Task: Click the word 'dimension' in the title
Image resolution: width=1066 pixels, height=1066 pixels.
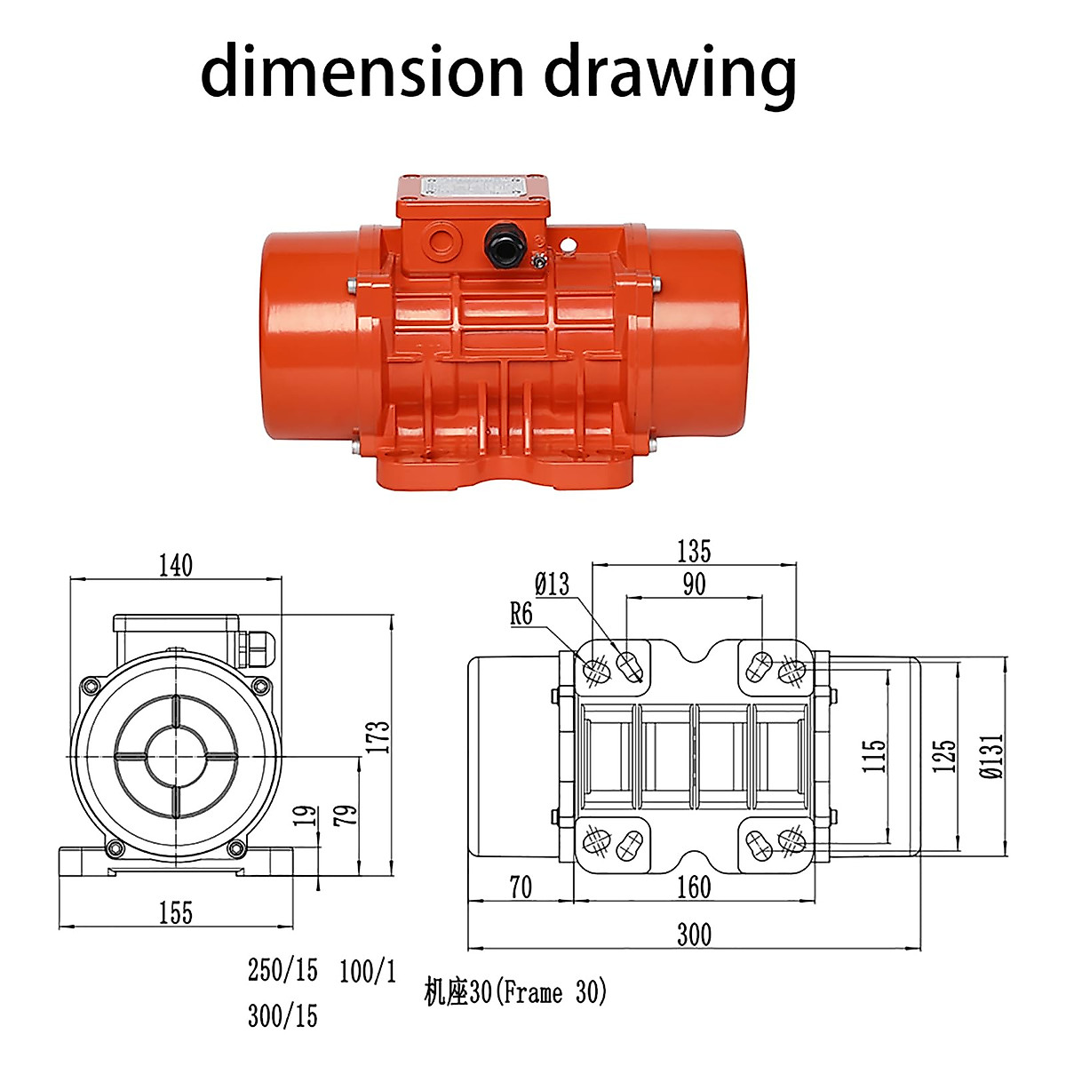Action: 361,71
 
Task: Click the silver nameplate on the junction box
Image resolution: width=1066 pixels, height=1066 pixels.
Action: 473,187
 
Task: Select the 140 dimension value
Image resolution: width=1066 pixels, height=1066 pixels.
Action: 175,565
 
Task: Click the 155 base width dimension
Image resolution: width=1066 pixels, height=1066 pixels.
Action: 175,912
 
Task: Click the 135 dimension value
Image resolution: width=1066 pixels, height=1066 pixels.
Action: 694,551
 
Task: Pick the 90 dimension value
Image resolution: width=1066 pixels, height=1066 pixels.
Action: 694,584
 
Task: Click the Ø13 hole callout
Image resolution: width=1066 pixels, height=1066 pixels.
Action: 552,584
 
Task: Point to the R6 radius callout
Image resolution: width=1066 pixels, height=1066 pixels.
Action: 521,614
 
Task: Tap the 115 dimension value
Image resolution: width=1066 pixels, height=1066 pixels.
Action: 874,756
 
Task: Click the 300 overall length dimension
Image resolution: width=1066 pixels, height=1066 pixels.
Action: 694,935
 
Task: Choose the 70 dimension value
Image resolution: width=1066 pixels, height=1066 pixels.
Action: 521,887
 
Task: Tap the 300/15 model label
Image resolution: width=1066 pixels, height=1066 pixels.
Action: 282,1015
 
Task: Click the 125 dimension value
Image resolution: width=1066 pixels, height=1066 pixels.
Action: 944,756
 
